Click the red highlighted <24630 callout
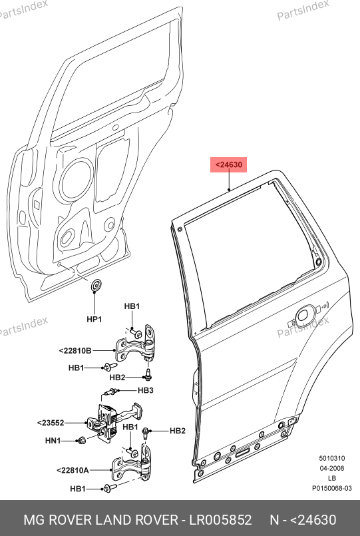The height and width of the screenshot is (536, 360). coord(228,164)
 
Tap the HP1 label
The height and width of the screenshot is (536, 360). coord(94,320)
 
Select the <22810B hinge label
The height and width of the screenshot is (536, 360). coord(75,351)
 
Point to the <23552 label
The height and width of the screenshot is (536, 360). coord(51,423)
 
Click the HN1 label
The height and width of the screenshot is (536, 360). coord(53,441)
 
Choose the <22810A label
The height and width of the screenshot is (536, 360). coord(73,470)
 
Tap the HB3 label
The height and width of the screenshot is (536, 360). coord(146,390)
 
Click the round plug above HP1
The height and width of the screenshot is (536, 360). coord(96,286)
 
